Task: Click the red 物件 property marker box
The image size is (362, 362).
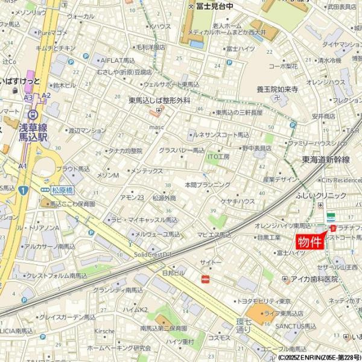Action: (x=311, y=241)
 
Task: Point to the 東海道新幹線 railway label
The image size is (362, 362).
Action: (x=326, y=159)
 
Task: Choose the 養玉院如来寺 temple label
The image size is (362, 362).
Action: (x=277, y=89)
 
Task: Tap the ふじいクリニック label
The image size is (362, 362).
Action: (x=322, y=196)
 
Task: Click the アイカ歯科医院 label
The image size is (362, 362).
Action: (x=313, y=279)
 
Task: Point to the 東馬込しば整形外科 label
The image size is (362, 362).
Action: (x=159, y=101)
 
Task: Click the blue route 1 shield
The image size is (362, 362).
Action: (x=23, y=191)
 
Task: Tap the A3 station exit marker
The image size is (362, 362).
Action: (x=28, y=97)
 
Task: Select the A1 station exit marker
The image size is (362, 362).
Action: (x=22, y=166)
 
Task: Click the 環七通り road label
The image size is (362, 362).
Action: (x=243, y=325)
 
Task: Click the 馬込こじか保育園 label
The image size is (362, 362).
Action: (x=72, y=204)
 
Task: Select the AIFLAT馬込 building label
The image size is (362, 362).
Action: (x=117, y=61)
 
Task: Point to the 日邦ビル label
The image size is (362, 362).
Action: (x=173, y=273)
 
